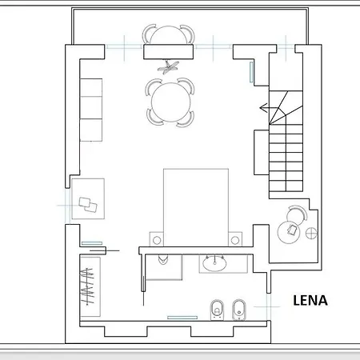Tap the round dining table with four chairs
click(x=170, y=102)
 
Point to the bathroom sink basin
click(x=214, y=262)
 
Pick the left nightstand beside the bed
click(x=157, y=238)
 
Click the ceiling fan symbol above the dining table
click(x=169, y=67)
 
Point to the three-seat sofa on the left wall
click(x=92, y=110)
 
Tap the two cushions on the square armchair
click(x=89, y=203)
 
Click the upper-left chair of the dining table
click(x=153, y=86)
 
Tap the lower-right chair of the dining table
click(x=187, y=118)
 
